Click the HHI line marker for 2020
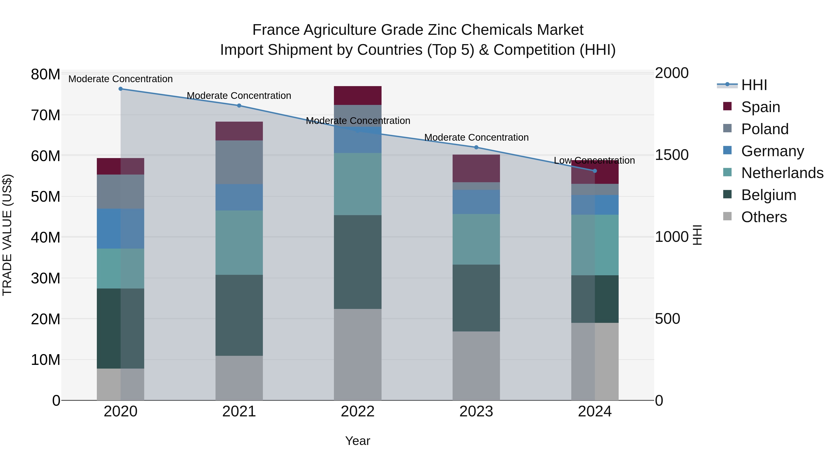click(x=120, y=89)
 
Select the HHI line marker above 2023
click(x=476, y=147)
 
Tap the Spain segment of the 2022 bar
click(x=358, y=95)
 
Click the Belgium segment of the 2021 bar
click(x=239, y=315)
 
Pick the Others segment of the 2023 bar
click(x=476, y=366)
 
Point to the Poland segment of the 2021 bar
click(x=239, y=162)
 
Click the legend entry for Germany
click(x=772, y=151)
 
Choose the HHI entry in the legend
click(x=754, y=85)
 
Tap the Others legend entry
click(x=764, y=217)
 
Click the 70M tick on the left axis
click(x=46, y=115)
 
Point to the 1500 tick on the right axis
click(x=671, y=155)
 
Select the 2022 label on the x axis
click(x=358, y=412)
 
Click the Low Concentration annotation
click(x=594, y=161)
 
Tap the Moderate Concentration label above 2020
click(x=120, y=79)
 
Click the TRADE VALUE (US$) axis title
click(x=7, y=235)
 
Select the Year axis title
click(x=358, y=441)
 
